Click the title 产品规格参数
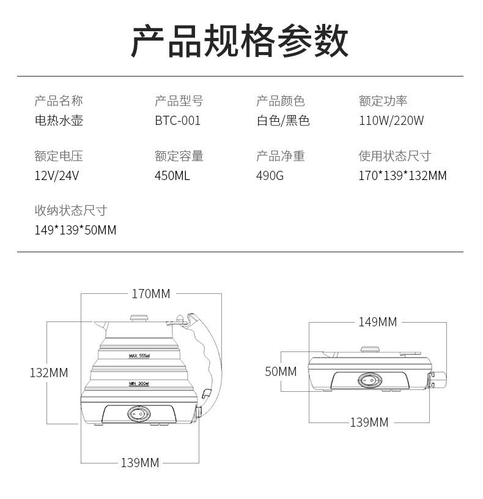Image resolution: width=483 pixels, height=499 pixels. tap(240, 41)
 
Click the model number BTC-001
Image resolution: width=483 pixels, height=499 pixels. tap(178, 121)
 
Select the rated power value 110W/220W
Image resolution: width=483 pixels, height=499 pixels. tap(391, 121)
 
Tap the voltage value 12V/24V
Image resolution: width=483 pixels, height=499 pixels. tap(57, 176)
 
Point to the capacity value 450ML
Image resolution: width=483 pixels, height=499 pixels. tap(172, 176)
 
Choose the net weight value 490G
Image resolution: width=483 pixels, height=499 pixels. tap(270, 176)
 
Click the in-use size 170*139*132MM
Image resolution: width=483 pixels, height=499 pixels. tap(403, 176)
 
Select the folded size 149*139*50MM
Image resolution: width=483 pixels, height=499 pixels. tap(75, 230)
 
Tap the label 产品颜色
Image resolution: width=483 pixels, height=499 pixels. tap(281, 101)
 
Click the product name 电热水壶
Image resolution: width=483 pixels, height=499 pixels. tap(59, 121)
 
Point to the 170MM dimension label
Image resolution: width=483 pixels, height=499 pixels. tap(151, 294)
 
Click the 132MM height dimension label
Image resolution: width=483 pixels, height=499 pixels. tap(49, 373)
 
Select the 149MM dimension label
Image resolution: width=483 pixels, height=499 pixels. tap(378, 322)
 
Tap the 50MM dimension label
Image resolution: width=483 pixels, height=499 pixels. tap(281, 372)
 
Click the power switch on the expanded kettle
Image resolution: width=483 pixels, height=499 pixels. tap(139, 414)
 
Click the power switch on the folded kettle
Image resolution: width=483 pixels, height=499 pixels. tap(370, 380)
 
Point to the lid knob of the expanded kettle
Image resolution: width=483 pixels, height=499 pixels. tap(139, 318)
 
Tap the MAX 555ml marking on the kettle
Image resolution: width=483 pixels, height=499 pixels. tap(139, 356)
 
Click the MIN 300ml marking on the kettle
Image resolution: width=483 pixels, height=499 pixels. tap(139, 383)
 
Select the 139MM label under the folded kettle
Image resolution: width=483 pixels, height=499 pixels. tap(369, 422)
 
